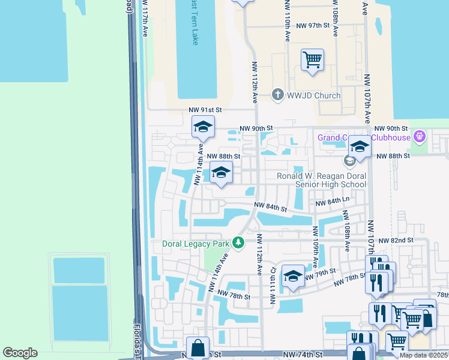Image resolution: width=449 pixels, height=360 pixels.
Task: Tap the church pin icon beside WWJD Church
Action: click(277, 95)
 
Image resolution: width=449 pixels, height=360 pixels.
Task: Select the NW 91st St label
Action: click(205, 110)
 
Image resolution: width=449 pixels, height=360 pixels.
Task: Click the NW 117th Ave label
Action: click(145, 19)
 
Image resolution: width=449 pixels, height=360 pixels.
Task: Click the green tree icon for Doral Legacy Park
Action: click(239, 243)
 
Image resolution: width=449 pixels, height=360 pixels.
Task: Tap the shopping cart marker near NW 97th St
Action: click(312, 60)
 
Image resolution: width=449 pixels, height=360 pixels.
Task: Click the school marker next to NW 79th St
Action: click(293, 276)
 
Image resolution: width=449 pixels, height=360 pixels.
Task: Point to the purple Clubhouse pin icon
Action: click(420, 137)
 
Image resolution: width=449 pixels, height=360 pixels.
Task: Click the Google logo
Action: click(20, 353)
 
